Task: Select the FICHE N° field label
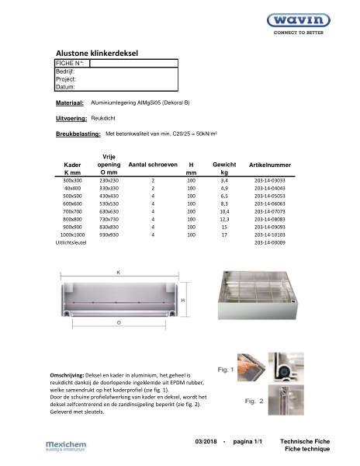[69, 62]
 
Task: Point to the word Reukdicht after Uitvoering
[104, 118]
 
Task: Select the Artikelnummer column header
[269, 165]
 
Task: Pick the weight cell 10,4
[224, 210]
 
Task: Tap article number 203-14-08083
[269, 219]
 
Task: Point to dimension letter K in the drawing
[117, 273]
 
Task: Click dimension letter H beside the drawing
[182, 299]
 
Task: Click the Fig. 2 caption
[234, 401]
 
